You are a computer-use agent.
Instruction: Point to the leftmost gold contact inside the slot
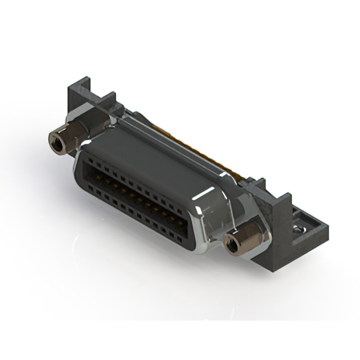coord(96,174)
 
